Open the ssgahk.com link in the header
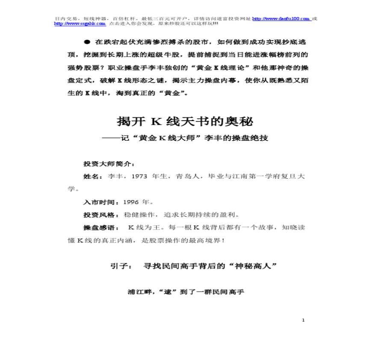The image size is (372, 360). [x=80, y=24]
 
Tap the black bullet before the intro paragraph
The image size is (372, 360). [x=87, y=42]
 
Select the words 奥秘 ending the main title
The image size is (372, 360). [x=242, y=122]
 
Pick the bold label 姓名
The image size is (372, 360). [x=93, y=177]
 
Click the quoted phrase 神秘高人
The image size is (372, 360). [x=254, y=266]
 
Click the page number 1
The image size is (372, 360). [x=303, y=320]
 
